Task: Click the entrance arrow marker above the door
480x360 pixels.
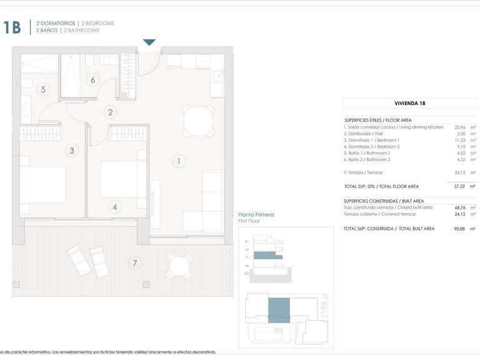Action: [149, 42]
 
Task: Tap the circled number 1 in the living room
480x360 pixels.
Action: [178, 161]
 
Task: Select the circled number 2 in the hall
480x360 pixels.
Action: [111, 112]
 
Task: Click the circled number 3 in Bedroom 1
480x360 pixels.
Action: [72, 150]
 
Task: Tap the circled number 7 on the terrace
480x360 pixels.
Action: [134, 263]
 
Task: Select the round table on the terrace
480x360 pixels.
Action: [178, 267]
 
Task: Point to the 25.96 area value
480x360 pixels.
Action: [461, 127]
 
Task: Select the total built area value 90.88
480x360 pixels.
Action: [460, 229]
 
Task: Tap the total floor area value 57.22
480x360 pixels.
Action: [460, 186]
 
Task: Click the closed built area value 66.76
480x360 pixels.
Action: [460, 207]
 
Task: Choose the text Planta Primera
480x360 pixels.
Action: [257, 215]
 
